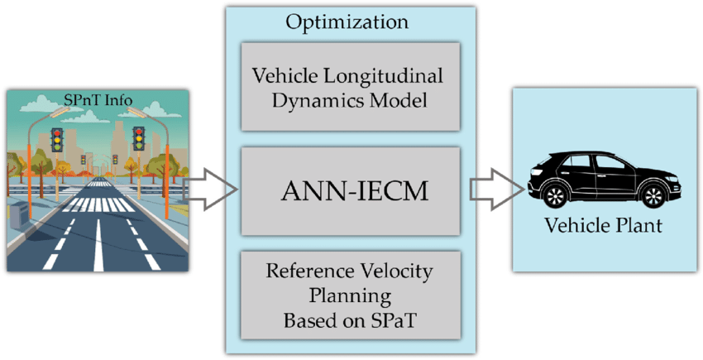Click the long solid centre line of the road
98,244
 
